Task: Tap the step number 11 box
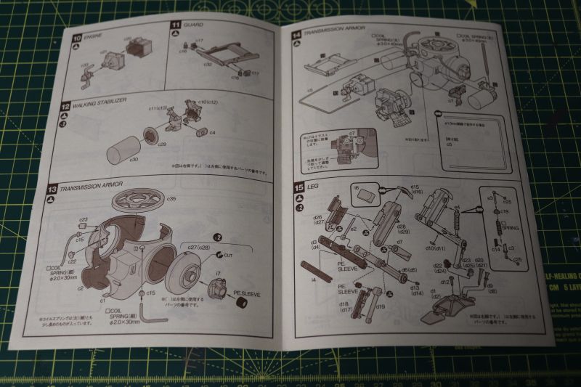pos(174,25)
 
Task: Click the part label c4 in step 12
pos(212,132)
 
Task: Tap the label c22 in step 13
pos(72,261)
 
